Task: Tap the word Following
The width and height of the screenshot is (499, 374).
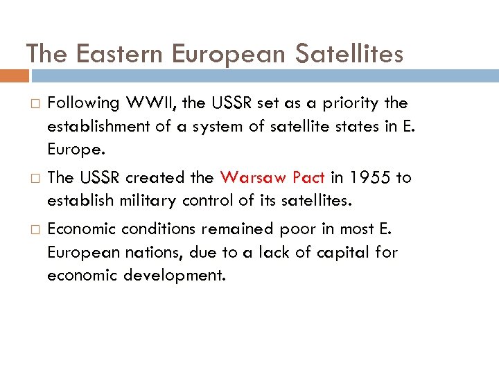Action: coord(83,103)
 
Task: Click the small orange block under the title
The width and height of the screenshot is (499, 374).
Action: coord(15,75)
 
